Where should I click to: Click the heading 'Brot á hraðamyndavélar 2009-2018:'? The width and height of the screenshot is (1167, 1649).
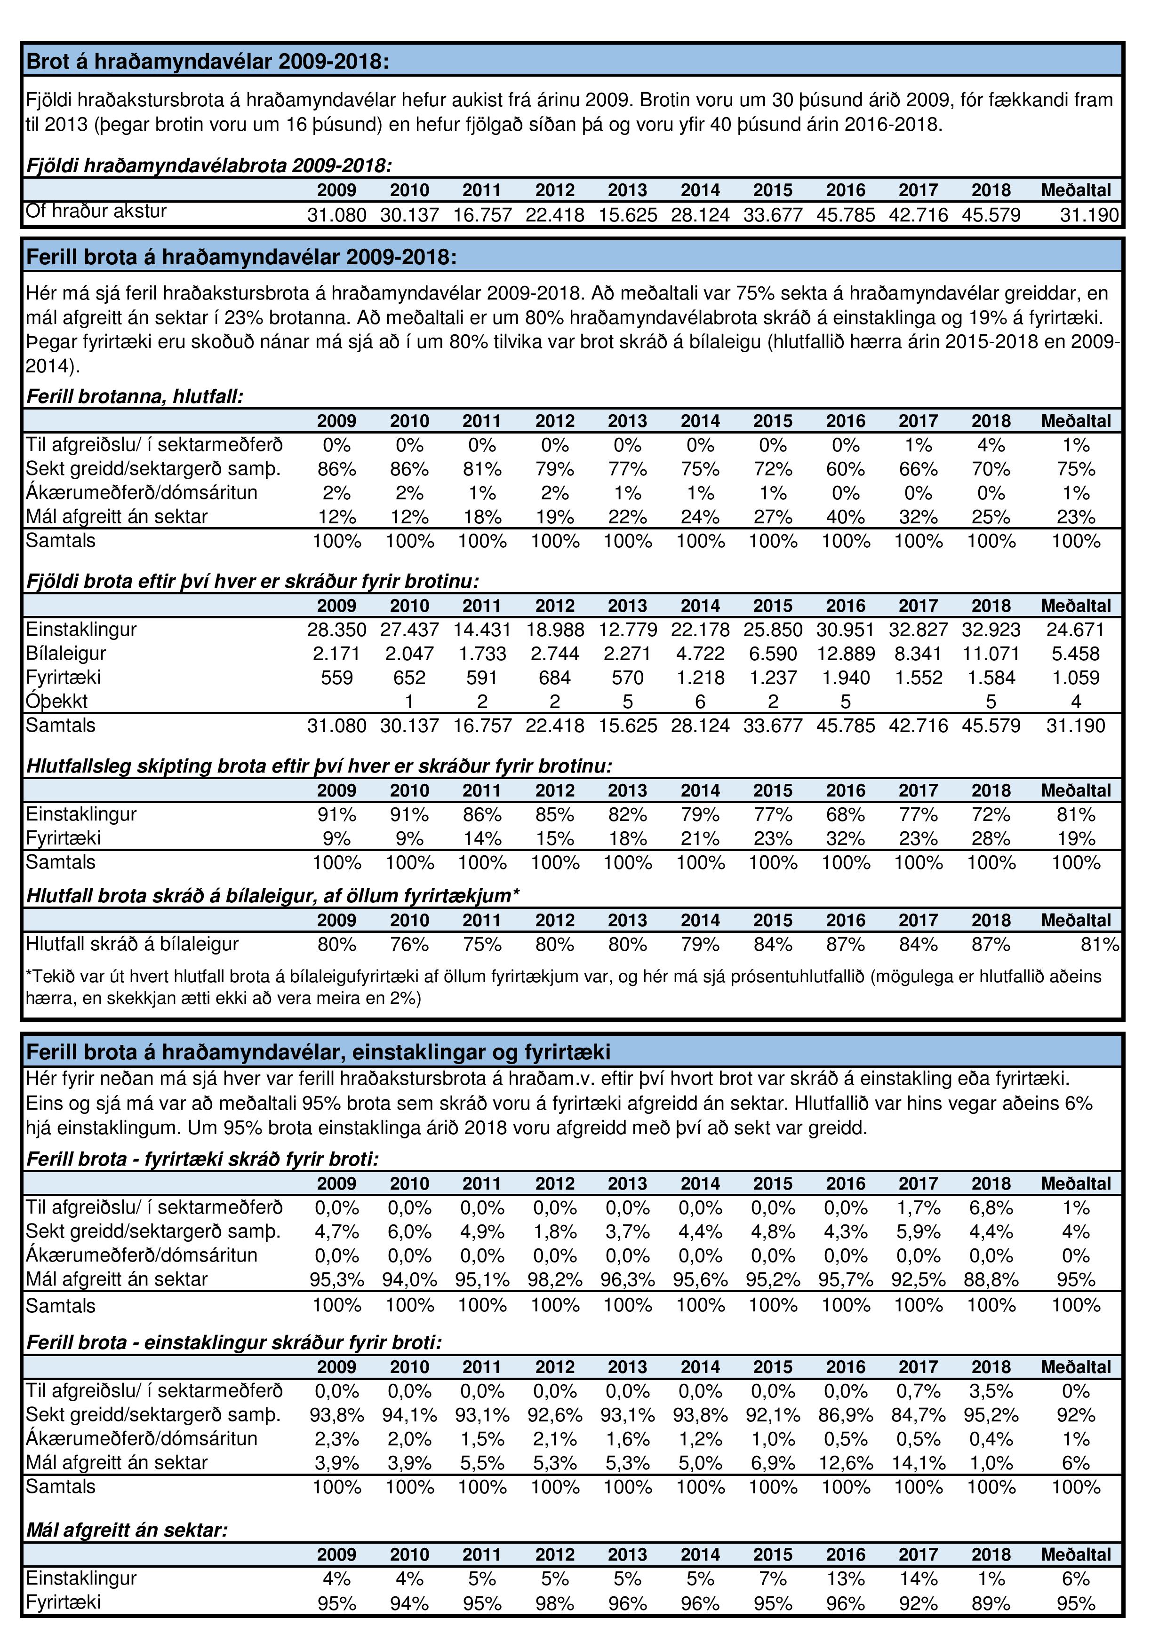207,61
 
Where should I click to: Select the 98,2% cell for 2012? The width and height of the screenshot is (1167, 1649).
555,1280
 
